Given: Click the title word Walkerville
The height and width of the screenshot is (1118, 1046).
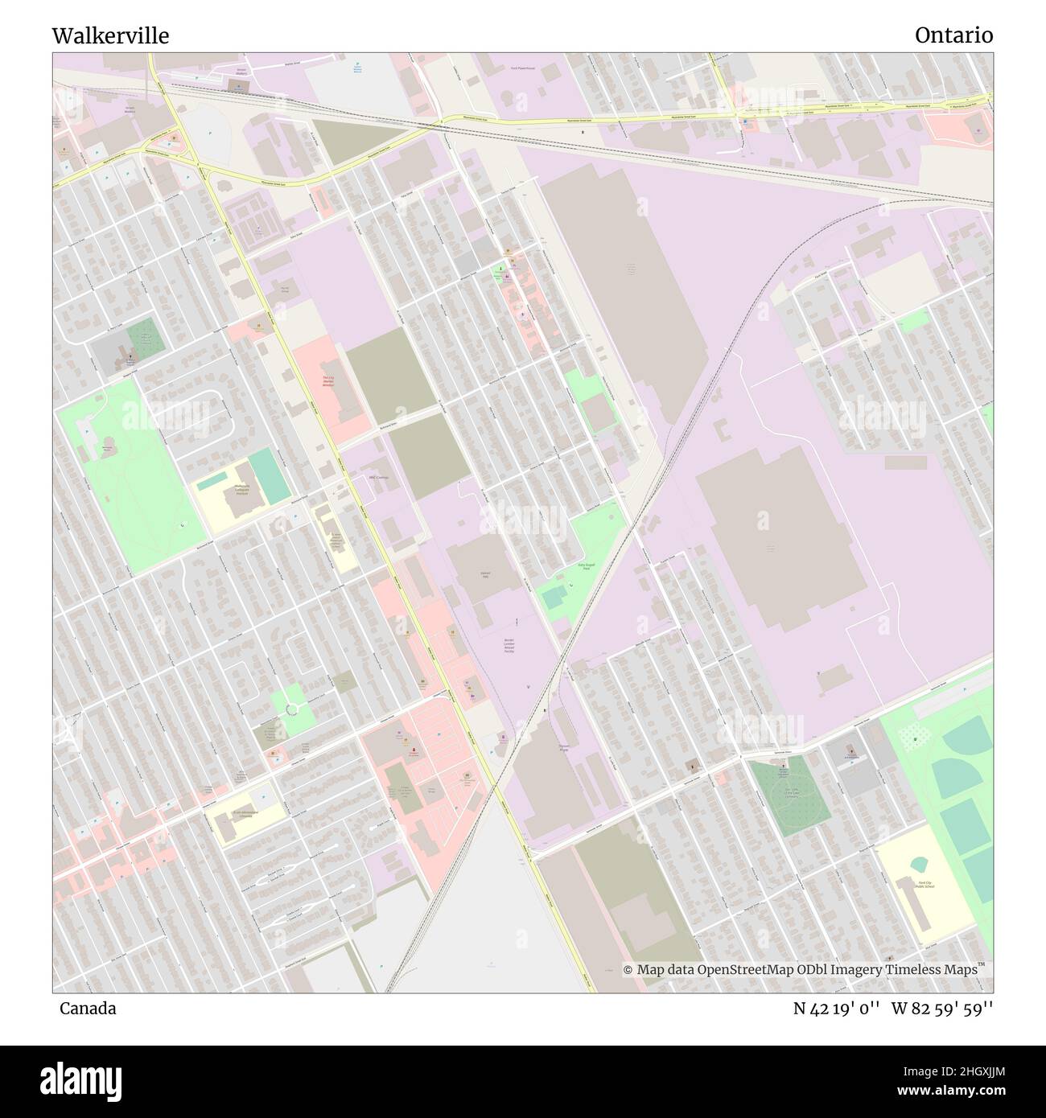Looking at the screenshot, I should (110, 35).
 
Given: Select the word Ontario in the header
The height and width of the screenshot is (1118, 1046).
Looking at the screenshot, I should (953, 35).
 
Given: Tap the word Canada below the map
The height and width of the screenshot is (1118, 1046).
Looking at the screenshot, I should (87, 1008).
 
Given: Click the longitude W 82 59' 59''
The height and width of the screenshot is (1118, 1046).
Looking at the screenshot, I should (946, 1008).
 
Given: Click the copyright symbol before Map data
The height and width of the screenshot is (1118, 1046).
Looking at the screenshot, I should (628, 970).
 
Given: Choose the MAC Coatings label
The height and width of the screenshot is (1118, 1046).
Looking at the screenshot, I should (379, 478).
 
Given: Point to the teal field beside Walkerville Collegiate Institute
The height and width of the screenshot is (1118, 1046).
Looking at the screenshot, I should (269, 474).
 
